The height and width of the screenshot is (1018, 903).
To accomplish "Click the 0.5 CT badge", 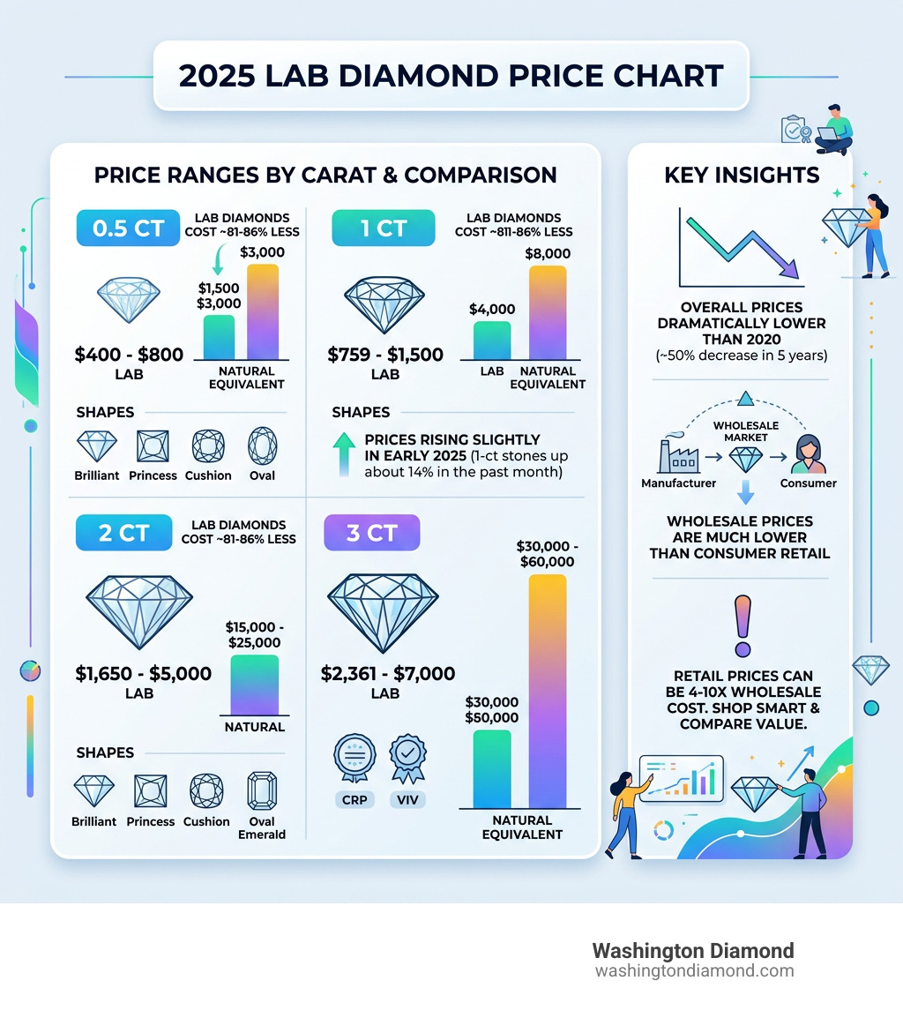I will (x=129, y=228).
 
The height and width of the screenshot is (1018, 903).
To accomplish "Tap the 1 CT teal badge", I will (x=383, y=228).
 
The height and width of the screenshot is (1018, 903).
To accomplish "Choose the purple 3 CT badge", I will (x=371, y=533).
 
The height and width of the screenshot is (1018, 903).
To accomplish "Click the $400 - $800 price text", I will (x=129, y=355).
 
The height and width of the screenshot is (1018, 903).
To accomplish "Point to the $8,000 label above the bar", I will (x=547, y=254).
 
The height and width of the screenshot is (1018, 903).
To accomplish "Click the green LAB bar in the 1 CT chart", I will (x=491, y=341).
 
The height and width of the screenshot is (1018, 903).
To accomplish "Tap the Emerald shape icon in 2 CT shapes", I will (x=262, y=790).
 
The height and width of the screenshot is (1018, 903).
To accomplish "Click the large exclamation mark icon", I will (x=743, y=626).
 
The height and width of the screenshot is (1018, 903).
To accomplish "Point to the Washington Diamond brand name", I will (x=692, y=951).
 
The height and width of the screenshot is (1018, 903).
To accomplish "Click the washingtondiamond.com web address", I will (x=694, y=970).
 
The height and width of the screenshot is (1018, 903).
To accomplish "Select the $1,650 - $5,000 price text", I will (x=143, y=674).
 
